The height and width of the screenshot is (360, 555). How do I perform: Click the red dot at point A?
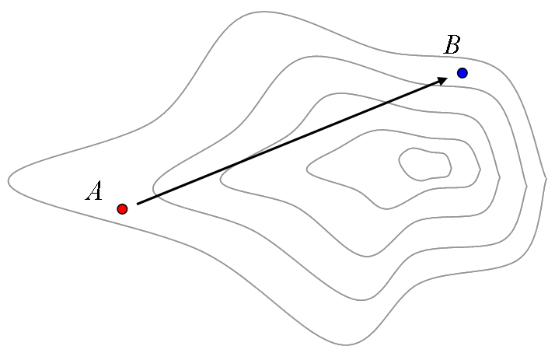coord(122,209)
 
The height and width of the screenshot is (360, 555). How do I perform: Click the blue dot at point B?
coord(462,73)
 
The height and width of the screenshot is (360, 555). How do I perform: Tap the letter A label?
coord(94,190)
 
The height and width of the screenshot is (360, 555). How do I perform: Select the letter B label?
coord(452,44)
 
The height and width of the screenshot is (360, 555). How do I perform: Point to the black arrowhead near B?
coord(442,81)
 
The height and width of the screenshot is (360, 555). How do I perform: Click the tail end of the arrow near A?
coord(138,204)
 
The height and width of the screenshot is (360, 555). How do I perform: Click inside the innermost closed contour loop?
coord(424,165)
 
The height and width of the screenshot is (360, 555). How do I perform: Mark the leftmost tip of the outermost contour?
coord(9,180)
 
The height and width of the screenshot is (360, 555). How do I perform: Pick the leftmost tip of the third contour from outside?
coord(221,179)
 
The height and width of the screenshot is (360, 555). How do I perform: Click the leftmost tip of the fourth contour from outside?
coord(307,170)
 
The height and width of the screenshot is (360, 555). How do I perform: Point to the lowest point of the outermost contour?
coord(346,345)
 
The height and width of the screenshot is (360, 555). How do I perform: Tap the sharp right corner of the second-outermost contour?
coord(527,186)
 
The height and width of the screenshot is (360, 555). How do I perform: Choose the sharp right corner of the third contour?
coord(500,177)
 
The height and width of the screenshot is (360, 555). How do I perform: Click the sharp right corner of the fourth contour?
coord(480,170)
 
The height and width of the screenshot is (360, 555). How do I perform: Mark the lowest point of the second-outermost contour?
coord(361,300)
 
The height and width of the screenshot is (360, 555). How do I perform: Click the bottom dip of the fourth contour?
coord(386,209)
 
